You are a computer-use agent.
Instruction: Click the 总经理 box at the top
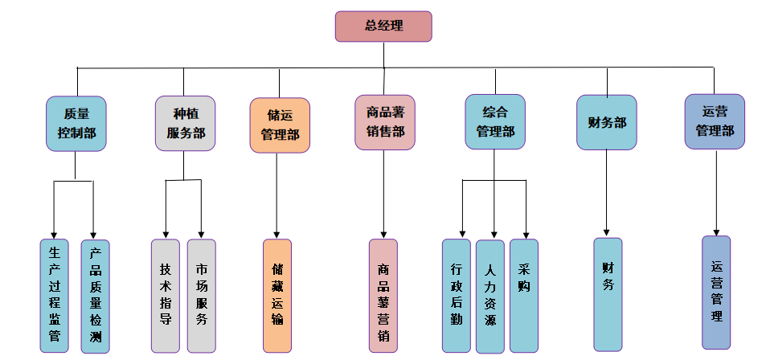383,27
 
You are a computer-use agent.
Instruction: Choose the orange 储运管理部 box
279,125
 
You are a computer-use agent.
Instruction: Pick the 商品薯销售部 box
385,122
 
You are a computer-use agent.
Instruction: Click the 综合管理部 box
495,121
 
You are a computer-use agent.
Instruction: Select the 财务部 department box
607,122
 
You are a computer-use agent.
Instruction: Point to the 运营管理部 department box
715,121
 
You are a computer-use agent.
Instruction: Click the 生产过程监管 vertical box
54,296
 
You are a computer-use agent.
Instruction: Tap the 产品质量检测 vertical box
95,296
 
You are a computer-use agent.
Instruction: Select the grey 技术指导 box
166,296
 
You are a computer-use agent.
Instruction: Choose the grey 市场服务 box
201,296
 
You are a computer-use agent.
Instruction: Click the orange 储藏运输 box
277,296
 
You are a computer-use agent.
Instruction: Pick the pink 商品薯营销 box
383,296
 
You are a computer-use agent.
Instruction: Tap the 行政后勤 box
457,296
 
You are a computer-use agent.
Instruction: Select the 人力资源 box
490,296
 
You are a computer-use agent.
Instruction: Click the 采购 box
524,296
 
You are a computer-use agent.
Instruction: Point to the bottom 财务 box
608,294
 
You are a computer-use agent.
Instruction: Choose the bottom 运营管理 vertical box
716,292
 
